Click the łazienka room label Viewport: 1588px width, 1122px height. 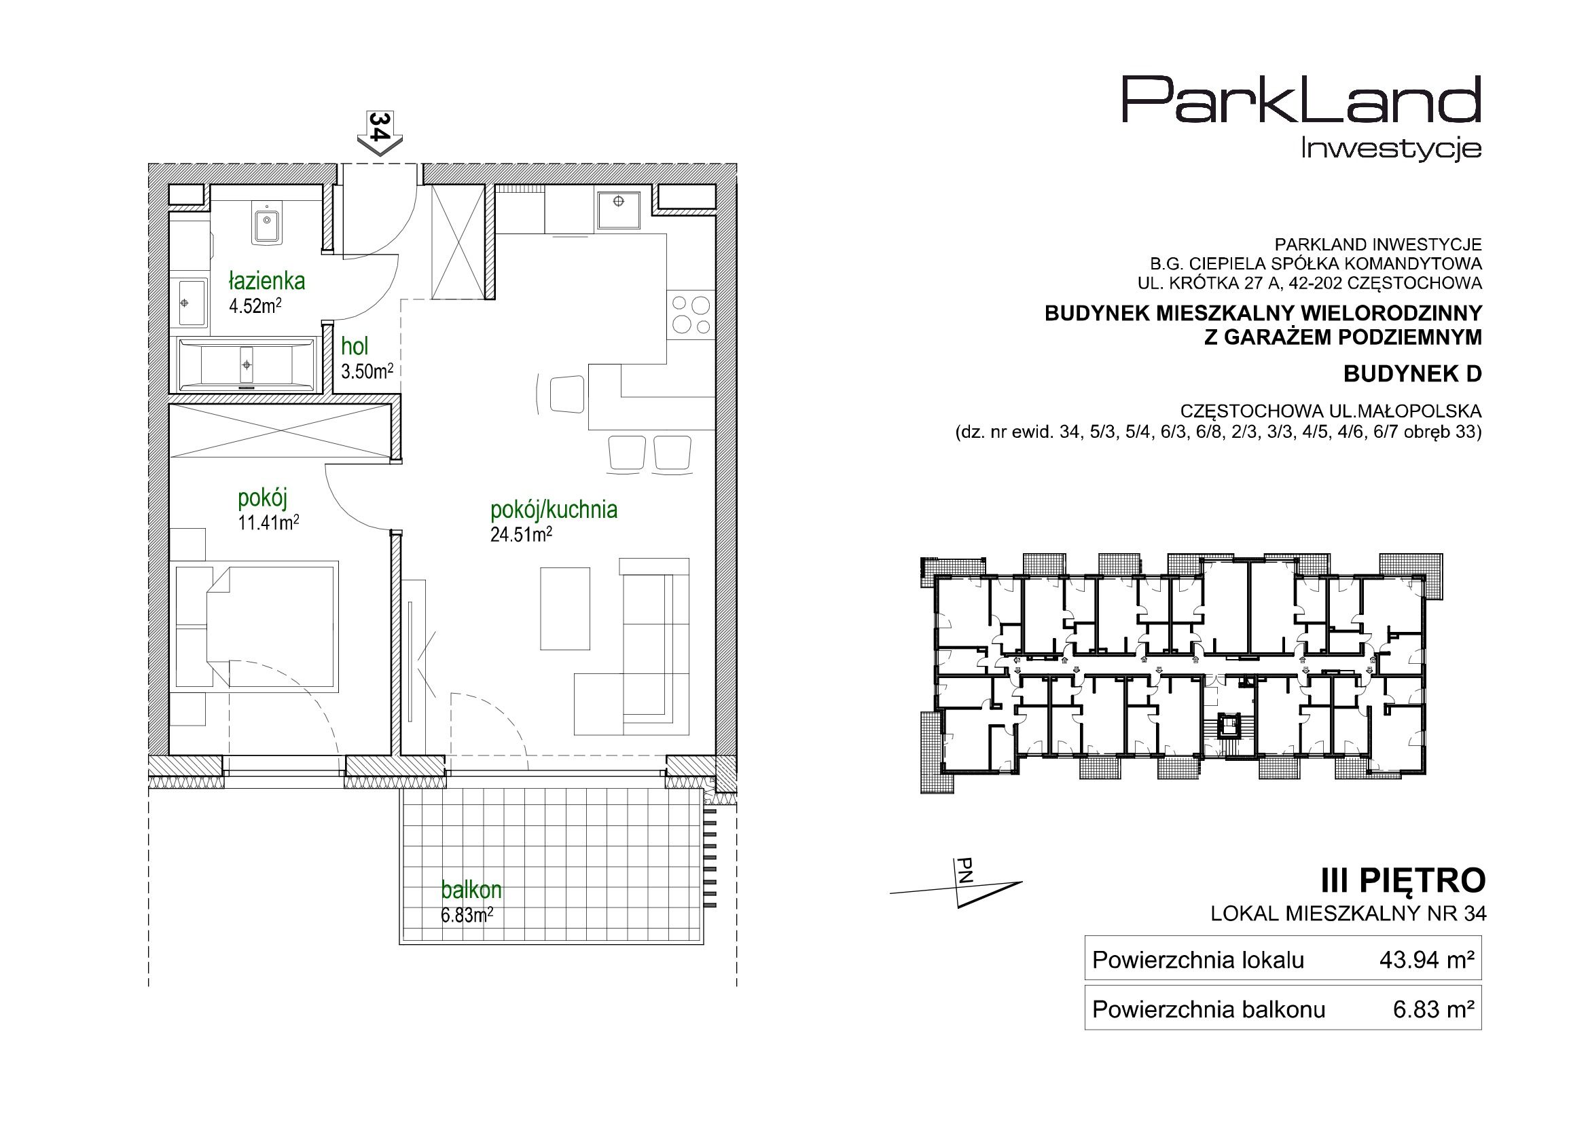pyautogui.click(x=266, y=282)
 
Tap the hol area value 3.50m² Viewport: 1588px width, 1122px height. pyautogui.click(x=367, y=371)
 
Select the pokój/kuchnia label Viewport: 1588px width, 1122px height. pyautogui.click(x=554, y=510)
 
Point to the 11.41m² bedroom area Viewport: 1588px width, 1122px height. pyautogui.click(x=268, y=523)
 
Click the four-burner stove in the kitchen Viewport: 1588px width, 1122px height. pyautogui.click(x=689, y=315)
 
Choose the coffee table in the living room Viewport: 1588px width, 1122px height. pyautogui.click(x=565, y=608)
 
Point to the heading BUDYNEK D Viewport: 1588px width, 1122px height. pyautogui.click(x=1412, y=374)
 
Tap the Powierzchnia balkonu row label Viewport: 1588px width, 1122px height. pyautogui.click(x=1208, y=1010)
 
